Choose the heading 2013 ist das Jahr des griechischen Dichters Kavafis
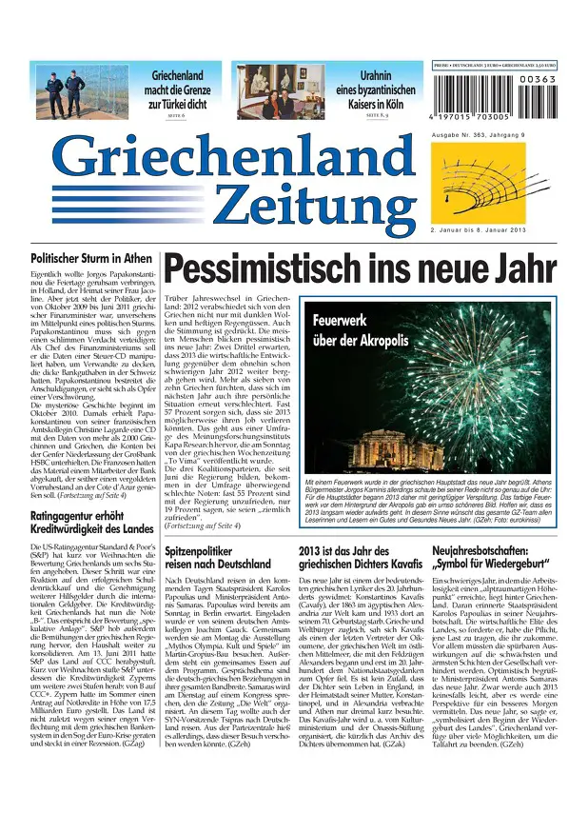(x=353, y=558)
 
